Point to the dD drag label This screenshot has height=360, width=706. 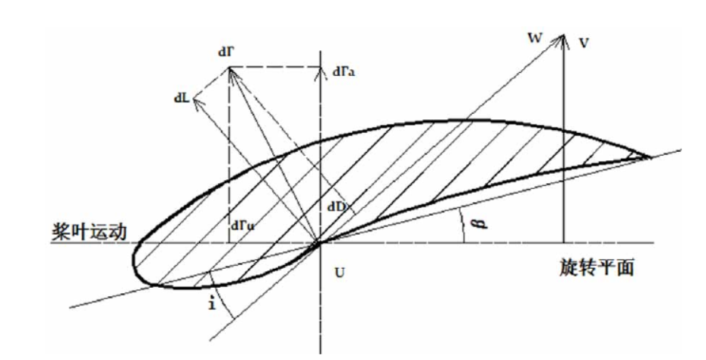click(x=338, y=204)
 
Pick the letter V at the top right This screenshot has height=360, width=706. click(x=583, y=43)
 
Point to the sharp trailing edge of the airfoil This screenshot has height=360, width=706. click(x=651, y=157)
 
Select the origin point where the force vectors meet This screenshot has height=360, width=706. click(x=320, y=243)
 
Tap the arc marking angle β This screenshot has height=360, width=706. click(x=464, y=226)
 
